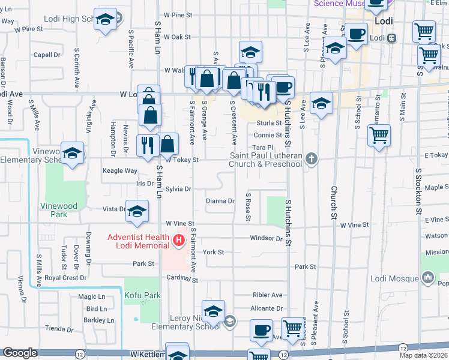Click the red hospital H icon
178,242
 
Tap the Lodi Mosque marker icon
427,278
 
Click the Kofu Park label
143,296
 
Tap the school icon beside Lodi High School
106,20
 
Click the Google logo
20,353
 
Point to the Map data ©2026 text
424,355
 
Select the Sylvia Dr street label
178,188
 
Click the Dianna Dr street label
220,201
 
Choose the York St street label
213,252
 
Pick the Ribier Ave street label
267,295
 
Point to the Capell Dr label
48,55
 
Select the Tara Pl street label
263,147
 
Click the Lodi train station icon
391,38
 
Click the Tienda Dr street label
59,328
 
